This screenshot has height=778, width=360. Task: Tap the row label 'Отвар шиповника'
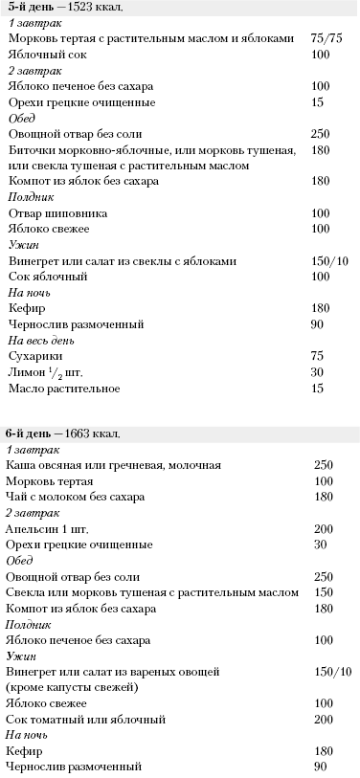pos(57,212)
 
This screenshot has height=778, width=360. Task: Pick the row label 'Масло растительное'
pos(64,388)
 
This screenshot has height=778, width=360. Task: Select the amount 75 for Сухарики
pos(318,355)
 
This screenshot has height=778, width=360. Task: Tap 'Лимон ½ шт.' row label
pos(49,371)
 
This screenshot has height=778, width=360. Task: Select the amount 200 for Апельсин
pos(324,529)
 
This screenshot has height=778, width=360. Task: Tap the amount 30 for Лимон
pos(318,371)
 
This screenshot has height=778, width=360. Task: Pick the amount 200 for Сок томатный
pos(324,718)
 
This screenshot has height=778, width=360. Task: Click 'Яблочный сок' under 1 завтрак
pos(45,55)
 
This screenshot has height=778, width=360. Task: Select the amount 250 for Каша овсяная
pos(324,465)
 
